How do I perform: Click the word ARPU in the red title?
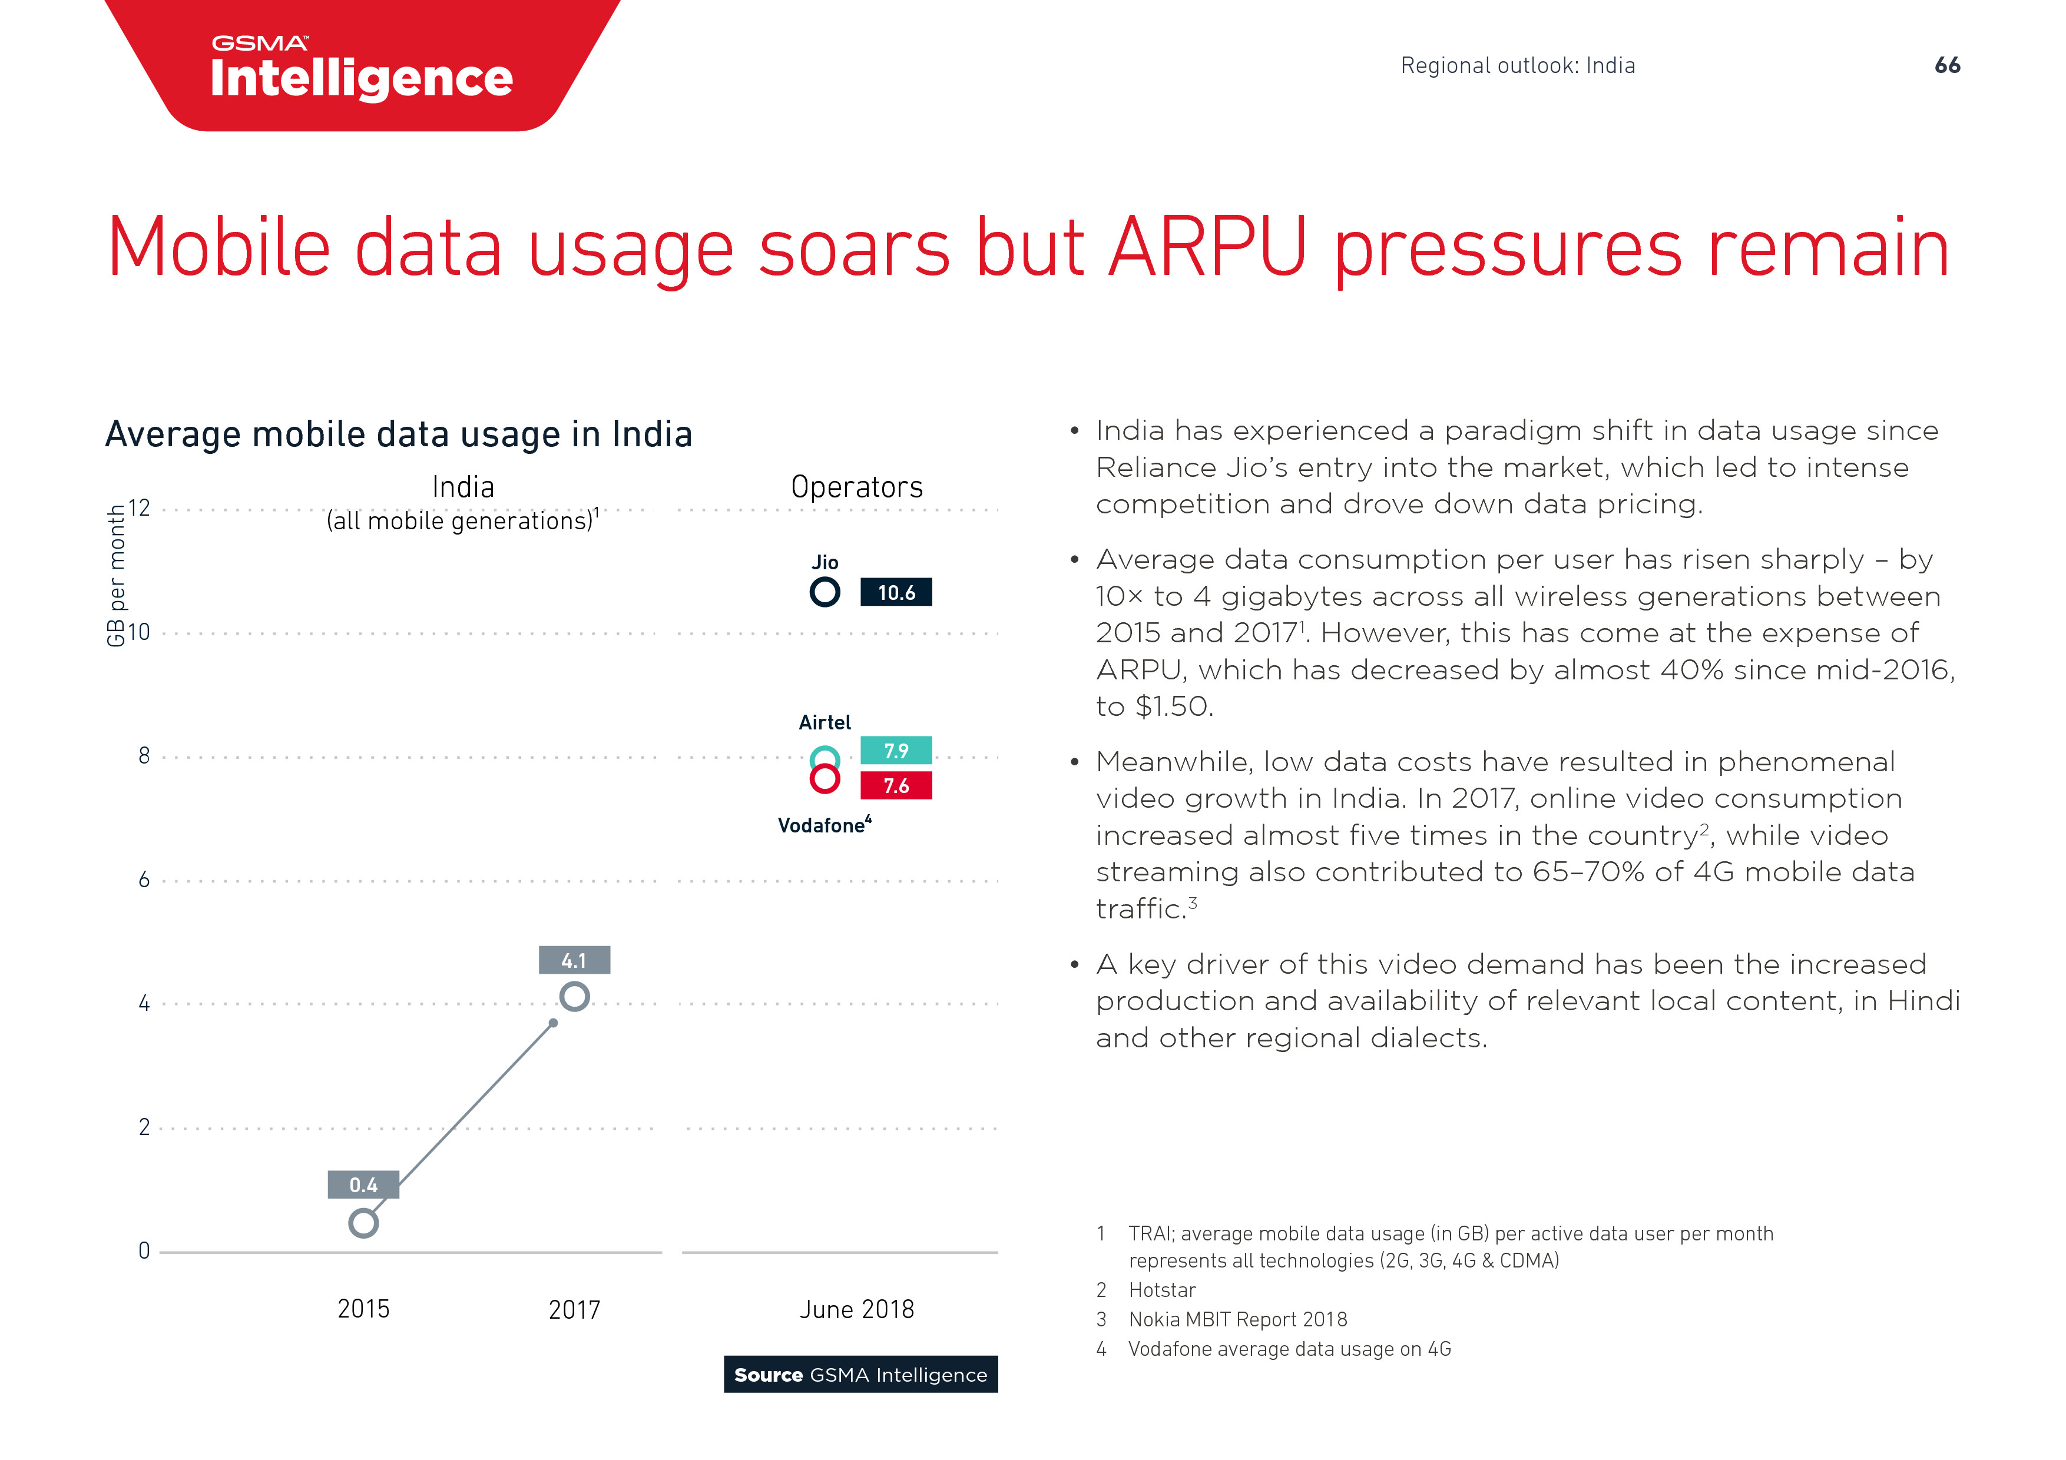(1207, 247)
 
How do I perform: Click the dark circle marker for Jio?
(825, 592)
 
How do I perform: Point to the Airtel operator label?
(825, 722)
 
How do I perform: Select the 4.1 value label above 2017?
(574, 960)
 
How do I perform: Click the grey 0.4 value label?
(363, 1184)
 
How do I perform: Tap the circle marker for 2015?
(363, 1223)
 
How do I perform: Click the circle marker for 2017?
(574, 997)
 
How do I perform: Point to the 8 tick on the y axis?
(144, 756)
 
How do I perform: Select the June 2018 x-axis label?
(857, 1309)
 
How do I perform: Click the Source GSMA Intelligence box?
(860, 1375)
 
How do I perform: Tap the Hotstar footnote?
(1161, 1290)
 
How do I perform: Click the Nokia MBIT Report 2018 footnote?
(1237, 1320)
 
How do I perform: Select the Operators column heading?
(857, 487)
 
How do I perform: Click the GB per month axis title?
(116, 576)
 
